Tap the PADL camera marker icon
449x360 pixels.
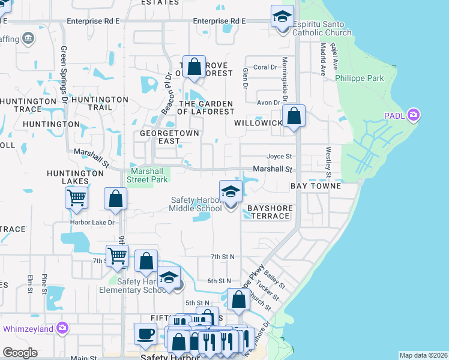tap(412, 115)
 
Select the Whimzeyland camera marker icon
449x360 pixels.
tap(62, 328)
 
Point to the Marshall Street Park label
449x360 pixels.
tap(147, 175)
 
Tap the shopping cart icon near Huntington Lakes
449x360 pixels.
tap(77, 197)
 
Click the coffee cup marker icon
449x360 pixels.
tap(145, 334)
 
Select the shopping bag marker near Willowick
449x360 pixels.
tap(294, 116)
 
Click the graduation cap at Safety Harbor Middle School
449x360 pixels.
tap(231, 192)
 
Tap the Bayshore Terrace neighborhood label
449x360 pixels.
tap(270, 212)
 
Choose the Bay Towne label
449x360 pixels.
tap(316, 187)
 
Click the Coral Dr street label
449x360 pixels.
tap(265, 67)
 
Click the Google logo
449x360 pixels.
tap(20, 353)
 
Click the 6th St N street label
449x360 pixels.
tap(219, 281)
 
